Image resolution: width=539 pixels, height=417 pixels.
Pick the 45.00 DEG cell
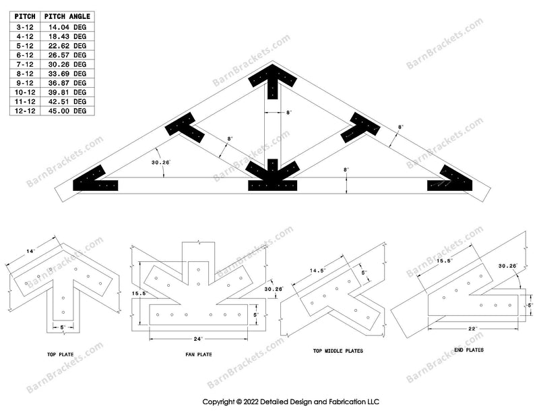pos(71,111)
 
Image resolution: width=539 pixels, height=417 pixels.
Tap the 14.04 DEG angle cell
pos(71,26)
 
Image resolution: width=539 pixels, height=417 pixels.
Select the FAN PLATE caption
pos(196,353)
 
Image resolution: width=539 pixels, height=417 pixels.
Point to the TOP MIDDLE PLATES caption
pos(338,351)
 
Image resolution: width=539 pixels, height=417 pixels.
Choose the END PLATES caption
pos(468,350)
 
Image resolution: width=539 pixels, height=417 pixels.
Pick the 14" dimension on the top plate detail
pos(30,252)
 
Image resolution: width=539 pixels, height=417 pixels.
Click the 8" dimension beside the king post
pos(288,113)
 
